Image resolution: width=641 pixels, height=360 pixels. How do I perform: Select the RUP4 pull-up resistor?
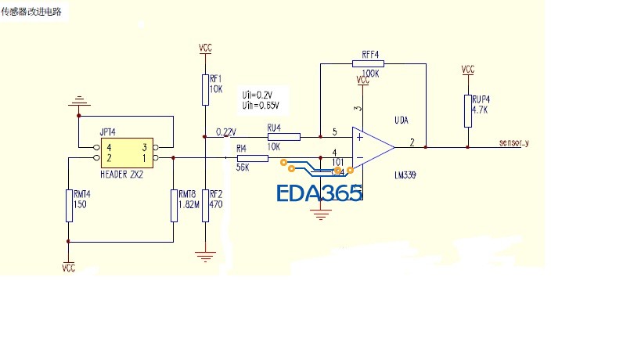(468, 110)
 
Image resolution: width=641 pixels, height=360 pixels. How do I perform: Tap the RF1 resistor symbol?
(204, 89)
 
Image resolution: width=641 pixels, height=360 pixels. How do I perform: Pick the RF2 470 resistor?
(204, 205)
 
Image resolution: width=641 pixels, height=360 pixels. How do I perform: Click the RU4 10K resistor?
(283, 136)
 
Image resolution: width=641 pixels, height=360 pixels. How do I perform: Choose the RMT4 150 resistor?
(69, 204)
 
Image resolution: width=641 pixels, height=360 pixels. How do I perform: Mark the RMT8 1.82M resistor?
(173, 204)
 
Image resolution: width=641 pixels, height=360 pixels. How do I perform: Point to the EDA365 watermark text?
(319, 193)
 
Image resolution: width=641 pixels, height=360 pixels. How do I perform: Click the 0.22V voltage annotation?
(225, 131)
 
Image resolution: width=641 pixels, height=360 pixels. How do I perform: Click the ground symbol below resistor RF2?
(205, 254)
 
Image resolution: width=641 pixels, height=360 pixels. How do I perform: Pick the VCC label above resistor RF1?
(205, 49)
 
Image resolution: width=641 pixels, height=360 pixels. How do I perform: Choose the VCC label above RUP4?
(468, 70)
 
